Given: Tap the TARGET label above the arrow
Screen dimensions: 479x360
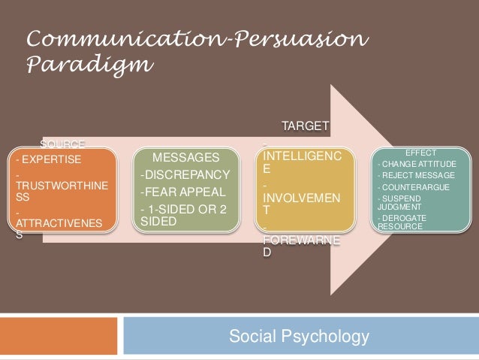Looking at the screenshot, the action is click(x=304, y=125).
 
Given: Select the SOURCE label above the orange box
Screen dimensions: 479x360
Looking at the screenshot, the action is click(x=63, y=144).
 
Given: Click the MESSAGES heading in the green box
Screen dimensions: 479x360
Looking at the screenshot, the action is click(x=185, y=158).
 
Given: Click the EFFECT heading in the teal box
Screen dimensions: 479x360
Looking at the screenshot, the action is click(x=420, y=153).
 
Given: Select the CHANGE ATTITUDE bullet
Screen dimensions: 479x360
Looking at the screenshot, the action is click(x=417, y=164).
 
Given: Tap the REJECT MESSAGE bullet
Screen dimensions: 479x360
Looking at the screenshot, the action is click(x=416, y=175).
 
